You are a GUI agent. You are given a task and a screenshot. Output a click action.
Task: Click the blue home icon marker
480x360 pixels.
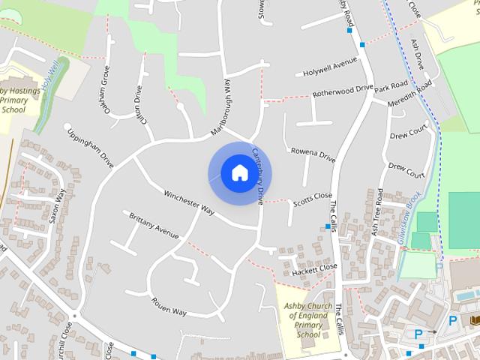click(x=239, y=173)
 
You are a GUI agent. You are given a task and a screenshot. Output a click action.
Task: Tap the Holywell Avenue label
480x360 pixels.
click(x=330, y=67)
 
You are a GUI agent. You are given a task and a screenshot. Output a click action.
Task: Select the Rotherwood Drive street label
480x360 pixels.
click(x=342, y=92)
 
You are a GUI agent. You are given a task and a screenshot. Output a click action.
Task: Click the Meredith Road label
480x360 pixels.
click(x=411, y=97)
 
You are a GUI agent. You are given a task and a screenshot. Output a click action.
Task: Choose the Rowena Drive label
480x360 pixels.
click(x=313, y=155)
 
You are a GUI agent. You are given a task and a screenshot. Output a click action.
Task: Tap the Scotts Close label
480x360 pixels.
click(x=313, y=199)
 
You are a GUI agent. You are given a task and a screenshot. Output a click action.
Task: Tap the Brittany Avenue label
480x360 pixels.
click(x=154, y=225)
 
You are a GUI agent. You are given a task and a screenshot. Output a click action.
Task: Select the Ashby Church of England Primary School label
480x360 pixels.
click(x=307, y=320)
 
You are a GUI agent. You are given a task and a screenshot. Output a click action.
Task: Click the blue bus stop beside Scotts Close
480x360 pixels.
click(x=328, y=226)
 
